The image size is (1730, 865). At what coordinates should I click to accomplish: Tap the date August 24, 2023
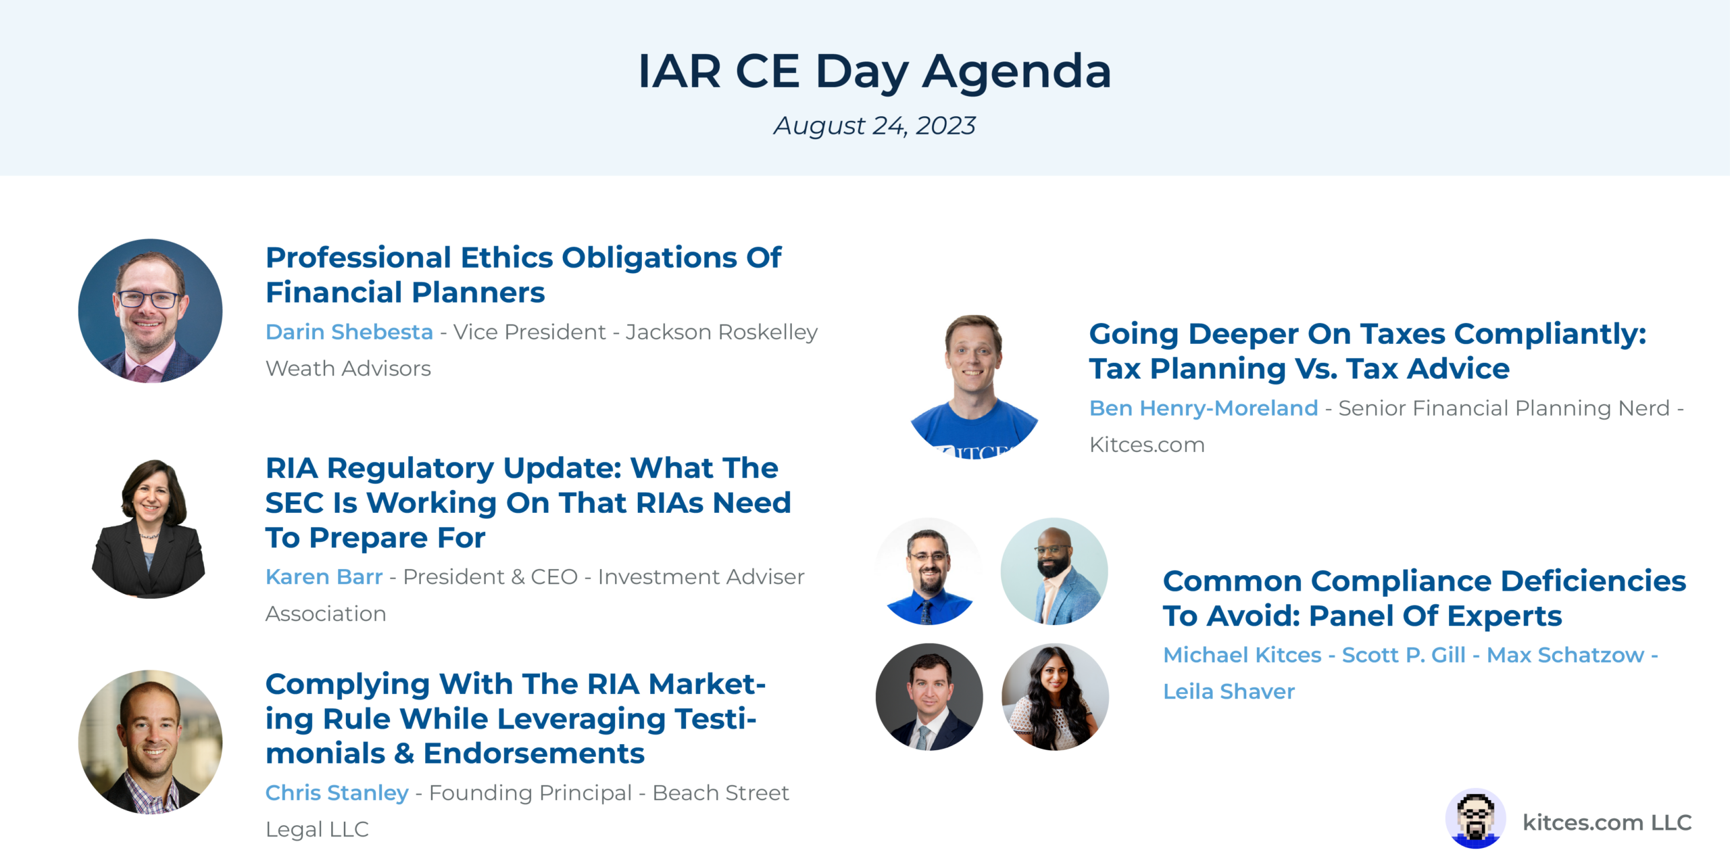coord(874,126)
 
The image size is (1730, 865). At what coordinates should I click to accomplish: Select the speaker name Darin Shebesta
coord(349,332)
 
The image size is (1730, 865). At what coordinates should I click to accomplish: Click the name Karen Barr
coord(324,576)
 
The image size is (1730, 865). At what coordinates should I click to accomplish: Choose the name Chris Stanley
coord(337,793)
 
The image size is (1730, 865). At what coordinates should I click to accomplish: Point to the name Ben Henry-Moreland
coord(1204,408)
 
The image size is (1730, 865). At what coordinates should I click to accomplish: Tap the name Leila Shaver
coord(1229,691)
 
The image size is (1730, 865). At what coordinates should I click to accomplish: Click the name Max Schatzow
coord(1565,655)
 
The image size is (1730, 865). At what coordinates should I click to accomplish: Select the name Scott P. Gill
coord(1404,655)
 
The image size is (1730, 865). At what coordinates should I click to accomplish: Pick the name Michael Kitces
coord(1242,655)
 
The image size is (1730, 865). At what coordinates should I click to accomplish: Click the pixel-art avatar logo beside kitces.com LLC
coord(1475,818)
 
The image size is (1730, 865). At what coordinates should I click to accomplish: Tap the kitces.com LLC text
coord(1607,822)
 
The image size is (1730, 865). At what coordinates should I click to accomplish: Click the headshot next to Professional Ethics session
coord(150,311)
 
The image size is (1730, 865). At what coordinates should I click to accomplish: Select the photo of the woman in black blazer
coord(149,528)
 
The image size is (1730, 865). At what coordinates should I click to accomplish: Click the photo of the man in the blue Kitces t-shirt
coord(974,387)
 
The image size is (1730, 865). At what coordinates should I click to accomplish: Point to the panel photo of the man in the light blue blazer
coord(1054,572)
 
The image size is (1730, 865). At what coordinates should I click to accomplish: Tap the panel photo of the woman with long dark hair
coord(1055,697)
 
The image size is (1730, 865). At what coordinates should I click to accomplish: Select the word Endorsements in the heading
coord(534,753)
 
